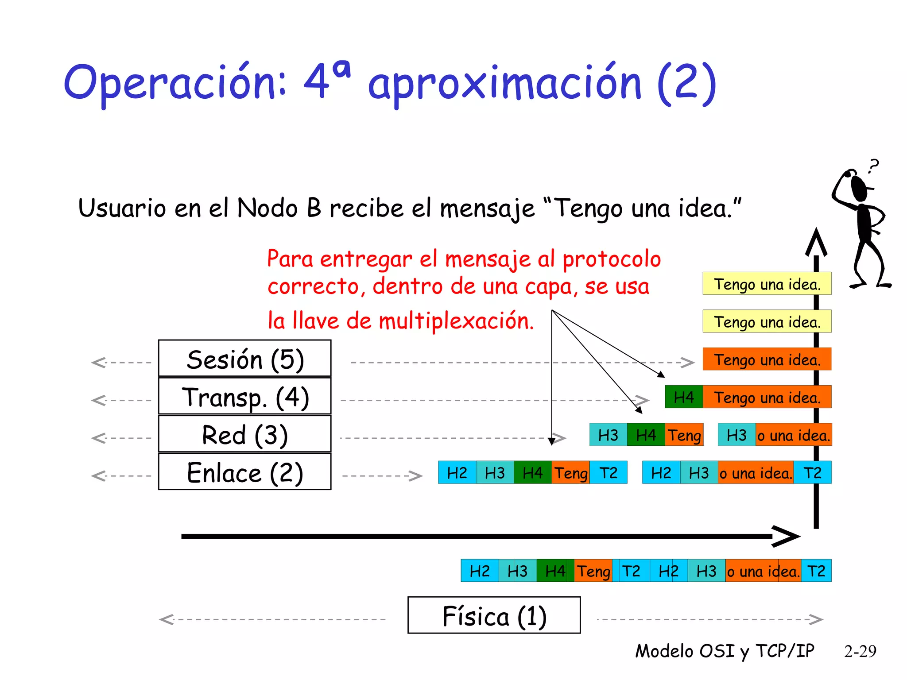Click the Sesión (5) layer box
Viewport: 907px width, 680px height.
(244, 359)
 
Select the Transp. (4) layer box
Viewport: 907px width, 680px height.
(244, 397)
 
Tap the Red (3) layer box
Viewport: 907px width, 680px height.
(244, 434)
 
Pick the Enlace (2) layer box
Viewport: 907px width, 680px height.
(244, 472)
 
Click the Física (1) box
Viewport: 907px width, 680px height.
(494, 615)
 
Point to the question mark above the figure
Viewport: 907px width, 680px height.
(873, 166)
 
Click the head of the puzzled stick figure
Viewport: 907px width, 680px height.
(858, 188)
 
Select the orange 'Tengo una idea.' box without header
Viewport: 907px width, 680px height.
(767, 359)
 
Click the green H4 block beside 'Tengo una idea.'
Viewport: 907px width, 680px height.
(683, 397)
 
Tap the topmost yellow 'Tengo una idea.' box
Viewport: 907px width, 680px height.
(767, 283)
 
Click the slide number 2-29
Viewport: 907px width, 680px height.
(860, 651)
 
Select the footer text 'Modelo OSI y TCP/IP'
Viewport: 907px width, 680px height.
(725, 651)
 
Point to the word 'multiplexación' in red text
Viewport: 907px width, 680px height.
(456, 321)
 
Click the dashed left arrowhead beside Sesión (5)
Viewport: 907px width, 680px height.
(98, 363)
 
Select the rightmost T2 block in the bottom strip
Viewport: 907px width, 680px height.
(816, 571)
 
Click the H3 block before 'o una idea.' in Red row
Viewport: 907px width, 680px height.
(736, 435)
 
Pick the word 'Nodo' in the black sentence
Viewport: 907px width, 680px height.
(267, 208)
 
